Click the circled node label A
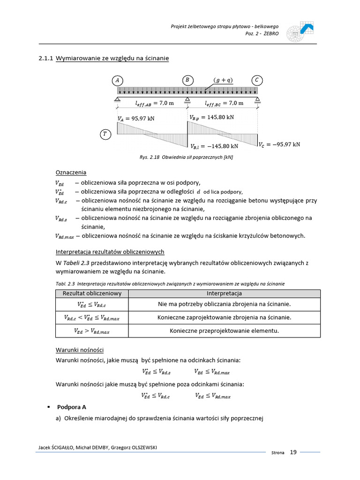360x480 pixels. tap(117, 80)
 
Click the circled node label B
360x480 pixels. tap(187, 80)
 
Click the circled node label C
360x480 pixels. tap(256, 80)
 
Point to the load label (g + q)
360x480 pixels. tap(223, 80)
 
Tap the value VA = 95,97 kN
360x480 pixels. tap(136, 119)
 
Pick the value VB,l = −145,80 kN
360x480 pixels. tap(217, 147)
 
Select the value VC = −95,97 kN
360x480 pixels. tap(279, 144)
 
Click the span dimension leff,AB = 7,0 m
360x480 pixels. tap(154, 103)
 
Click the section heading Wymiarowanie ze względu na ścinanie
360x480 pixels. tap(112, 58)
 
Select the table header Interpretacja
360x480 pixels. tap(224, 293)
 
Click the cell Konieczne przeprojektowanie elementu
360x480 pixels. tap(224, 330)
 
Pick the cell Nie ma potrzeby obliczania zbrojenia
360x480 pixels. tap(224, 304)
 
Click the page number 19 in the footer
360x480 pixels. tap(293, 452)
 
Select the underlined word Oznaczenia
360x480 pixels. tap(71, 172)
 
